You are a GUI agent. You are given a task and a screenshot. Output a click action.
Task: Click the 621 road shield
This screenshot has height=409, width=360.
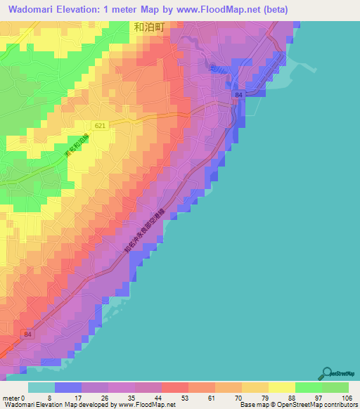click(x=101, y=125)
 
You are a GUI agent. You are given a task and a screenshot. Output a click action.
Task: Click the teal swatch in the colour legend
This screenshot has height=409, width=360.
click(x=41, y=387)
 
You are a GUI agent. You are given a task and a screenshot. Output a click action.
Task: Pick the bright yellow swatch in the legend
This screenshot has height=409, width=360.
click(x=281, y=387)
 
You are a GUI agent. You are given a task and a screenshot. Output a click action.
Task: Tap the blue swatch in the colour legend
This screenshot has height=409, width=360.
click(x=67, y=387)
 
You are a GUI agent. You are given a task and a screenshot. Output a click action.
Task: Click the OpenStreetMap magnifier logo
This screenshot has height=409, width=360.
click(x=326, y=373)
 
